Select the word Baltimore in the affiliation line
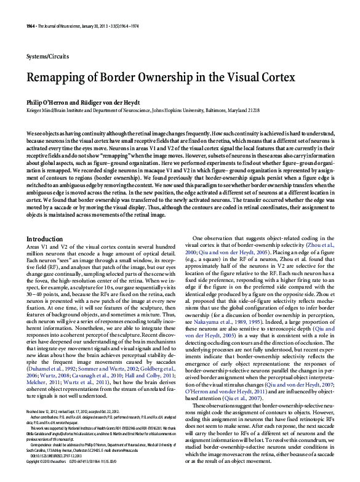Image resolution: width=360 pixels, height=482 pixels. pyautogui.click(x=231, y=110)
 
